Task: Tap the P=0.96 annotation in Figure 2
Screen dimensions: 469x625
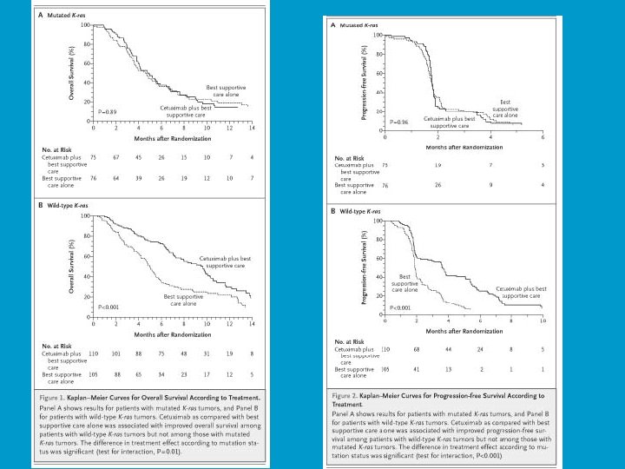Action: tap(398, 122)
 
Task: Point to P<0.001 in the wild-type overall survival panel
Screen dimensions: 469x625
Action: tap(109, 307)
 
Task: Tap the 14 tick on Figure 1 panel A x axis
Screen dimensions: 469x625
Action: tap(252, 128)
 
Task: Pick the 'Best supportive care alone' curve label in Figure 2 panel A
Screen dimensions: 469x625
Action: tap(507, 109)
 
